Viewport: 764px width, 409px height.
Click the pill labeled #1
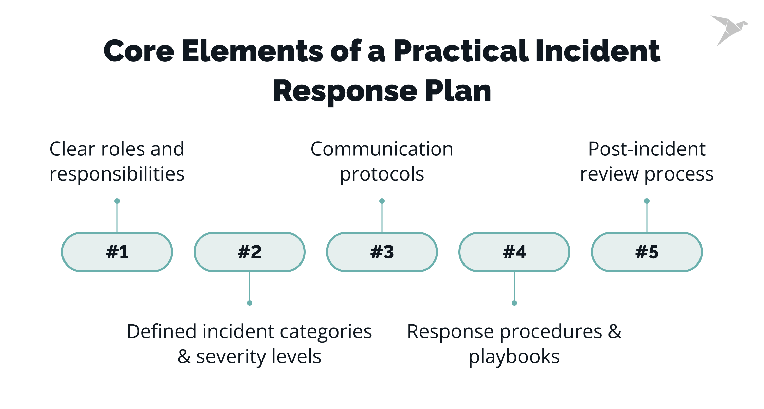click(117, 252)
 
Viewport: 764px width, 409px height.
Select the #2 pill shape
click(250, 252)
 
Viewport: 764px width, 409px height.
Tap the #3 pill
click(382, 252)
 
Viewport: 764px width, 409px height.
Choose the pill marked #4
click(514, 252)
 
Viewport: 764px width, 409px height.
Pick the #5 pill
click(647, 252)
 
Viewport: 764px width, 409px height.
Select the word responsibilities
click(117, 174)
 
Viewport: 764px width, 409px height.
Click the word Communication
click(382, 149)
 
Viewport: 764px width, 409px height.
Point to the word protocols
click(382, 174)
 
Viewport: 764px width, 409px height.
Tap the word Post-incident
click(647, 149)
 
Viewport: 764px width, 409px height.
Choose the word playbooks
click(514, 357)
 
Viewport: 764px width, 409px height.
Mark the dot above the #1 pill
click(117, 201)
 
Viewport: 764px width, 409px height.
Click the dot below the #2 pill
click(250, 303)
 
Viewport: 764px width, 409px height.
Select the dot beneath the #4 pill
click(514, 303)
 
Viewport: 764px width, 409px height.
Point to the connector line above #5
click(647, 218)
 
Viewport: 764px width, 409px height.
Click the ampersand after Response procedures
click(614, 332)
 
